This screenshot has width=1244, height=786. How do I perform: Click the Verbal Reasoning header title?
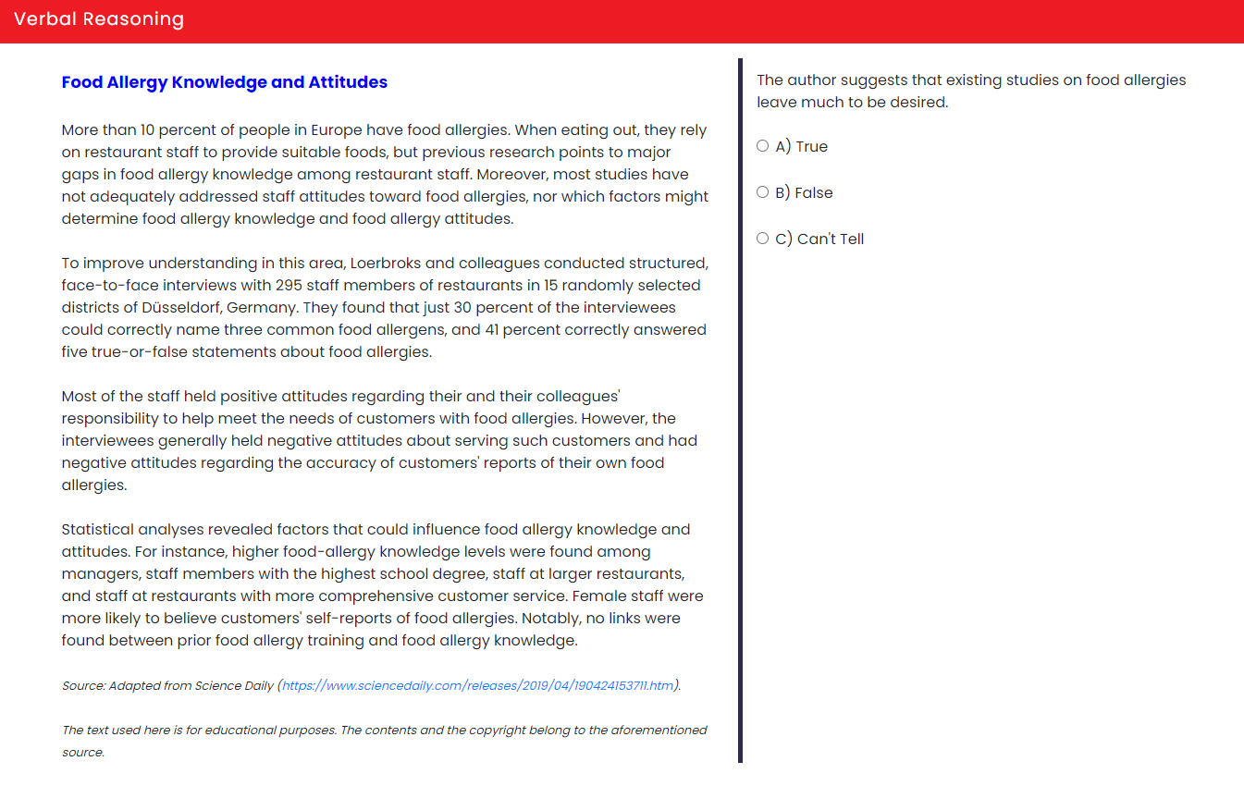coord(99,19)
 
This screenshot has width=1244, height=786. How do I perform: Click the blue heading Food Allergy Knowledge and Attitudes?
coord(225,82)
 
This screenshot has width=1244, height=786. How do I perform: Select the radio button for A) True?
coord(763,146)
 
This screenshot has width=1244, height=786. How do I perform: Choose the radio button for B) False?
coord(763,192)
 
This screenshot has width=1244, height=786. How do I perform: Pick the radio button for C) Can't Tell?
coord(763,239)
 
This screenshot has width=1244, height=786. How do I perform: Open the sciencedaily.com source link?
coord(478,686)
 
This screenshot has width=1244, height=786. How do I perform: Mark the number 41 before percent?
coord(494,330)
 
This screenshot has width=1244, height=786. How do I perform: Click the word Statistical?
coord(97,530)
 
